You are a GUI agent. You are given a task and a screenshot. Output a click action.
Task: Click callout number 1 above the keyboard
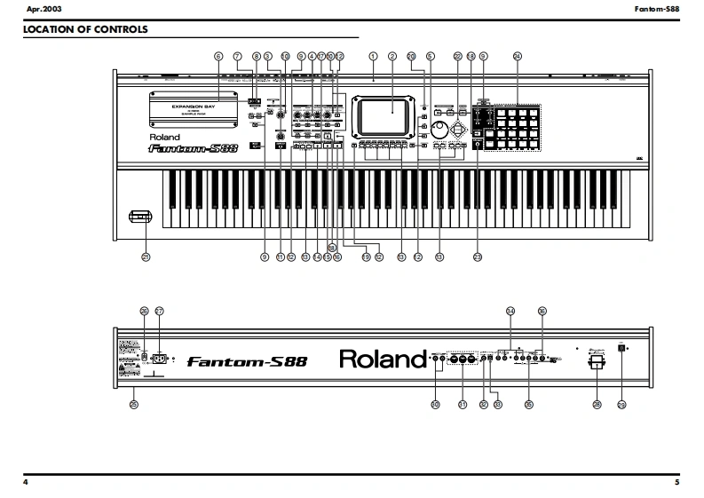tap(374, 56)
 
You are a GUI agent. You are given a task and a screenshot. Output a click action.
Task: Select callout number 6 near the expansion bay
tap(218, 56)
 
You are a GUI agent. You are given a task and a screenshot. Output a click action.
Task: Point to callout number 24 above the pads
tap(518, 56)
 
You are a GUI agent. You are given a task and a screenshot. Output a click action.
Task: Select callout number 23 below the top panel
tap(477, 257)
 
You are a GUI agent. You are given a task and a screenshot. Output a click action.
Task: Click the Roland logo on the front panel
tap(164, 138)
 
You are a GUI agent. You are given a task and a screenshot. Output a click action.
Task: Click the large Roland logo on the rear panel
tap(383, 360)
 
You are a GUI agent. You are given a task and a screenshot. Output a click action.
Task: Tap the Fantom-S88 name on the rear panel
tap(247, 361)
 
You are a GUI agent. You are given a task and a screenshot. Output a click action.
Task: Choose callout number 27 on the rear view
tap(160, 311)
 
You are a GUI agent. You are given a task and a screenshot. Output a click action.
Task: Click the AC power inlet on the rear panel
tap(161, 360)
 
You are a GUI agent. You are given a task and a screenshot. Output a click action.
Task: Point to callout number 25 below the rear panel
tap(134, 405)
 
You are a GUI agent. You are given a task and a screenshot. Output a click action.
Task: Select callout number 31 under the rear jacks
tap(462, 405)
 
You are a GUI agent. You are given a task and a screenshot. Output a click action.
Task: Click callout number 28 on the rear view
tap(597, 405)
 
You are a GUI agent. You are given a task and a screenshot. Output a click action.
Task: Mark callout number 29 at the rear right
tap(621, 405)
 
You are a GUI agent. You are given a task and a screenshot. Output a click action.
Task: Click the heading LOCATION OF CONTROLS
tap(85, 29)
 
